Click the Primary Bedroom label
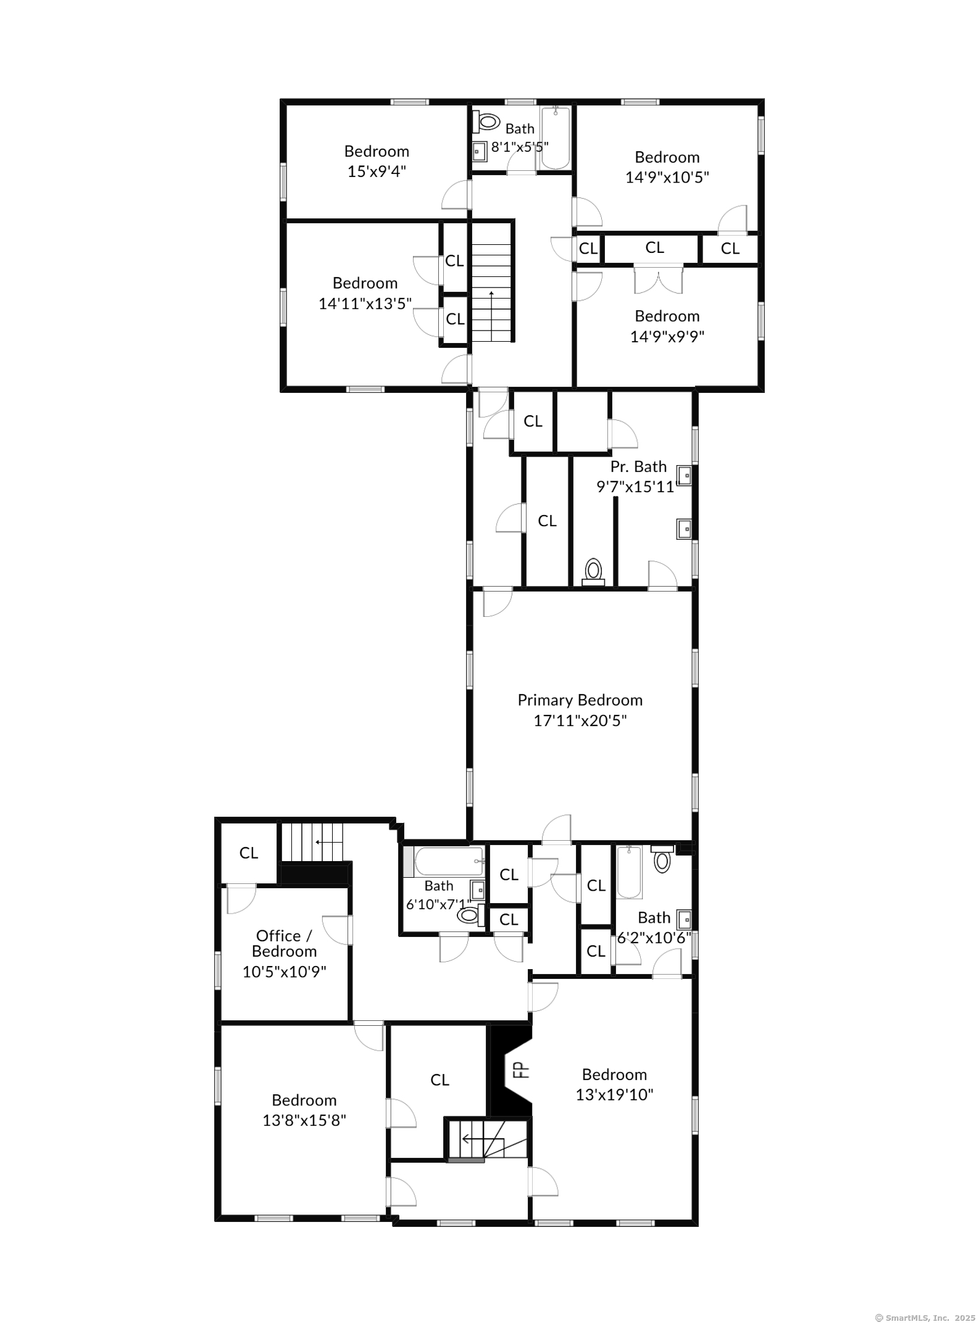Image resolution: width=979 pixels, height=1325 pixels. tap(580, 700)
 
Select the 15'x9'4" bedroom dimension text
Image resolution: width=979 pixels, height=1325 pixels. tap(377, 171)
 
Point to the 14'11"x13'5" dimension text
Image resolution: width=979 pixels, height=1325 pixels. tap(365, 303)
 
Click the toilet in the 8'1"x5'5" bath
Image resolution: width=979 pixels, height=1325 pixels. tap(486, 122)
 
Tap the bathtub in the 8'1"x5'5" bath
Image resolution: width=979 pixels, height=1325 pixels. tap(555, 138)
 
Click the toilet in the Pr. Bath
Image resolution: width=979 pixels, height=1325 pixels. tap(593, 571)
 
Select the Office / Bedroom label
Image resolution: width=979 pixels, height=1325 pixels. tap(285, 943)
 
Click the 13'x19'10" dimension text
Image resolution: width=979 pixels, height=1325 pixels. tap(614, 1094)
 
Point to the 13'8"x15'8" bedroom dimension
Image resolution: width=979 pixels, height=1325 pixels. tap(304, 1120)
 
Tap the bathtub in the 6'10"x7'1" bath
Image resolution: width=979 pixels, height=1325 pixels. tap(449, 862)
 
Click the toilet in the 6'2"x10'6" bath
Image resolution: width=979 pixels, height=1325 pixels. tap(662, 859)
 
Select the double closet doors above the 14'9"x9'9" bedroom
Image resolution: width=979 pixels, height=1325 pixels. tap(659, 280)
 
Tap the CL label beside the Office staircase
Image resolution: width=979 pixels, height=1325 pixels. tap(249, 853)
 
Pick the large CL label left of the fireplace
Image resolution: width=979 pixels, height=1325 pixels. tap(440, 1080)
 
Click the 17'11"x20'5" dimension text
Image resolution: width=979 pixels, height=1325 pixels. tap(580, 720)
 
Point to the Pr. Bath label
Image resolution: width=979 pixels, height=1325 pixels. tap(638, 466)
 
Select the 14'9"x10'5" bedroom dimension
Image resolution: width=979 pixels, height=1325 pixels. tap(667, 178)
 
